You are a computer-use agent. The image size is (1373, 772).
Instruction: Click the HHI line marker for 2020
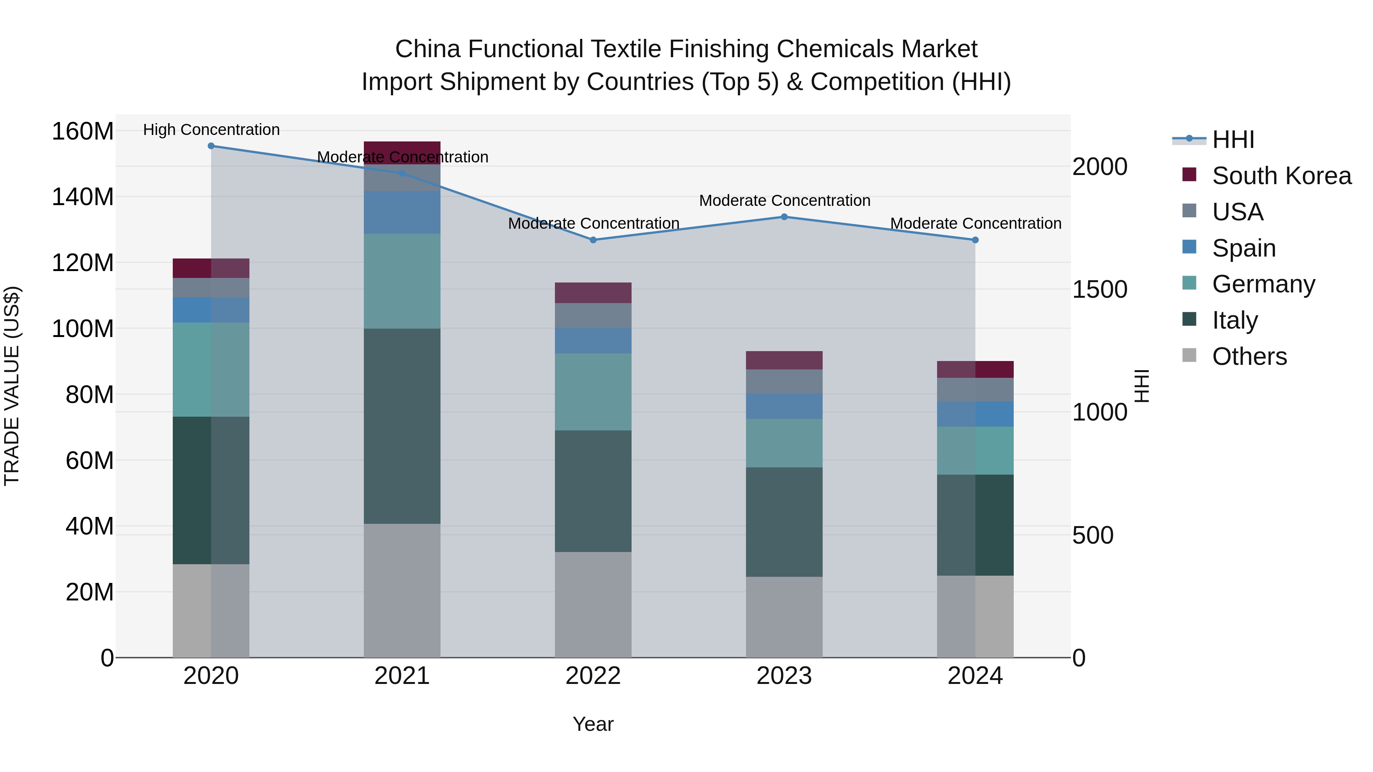click(x=211, y=146)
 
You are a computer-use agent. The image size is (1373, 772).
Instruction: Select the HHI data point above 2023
click(x=784, y=217)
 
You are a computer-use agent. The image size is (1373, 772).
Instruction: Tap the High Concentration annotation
click(x=211, y=130)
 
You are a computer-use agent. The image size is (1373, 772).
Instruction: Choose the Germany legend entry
click(x=1263, y=284)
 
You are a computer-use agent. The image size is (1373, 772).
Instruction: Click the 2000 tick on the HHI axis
click(x=1100, y=167)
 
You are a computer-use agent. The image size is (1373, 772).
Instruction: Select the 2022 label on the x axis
click(x=593, y=676)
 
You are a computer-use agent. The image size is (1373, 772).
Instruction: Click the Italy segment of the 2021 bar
click(x=402, y=426)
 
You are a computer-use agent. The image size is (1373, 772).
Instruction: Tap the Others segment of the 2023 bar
click(x=784, y=617)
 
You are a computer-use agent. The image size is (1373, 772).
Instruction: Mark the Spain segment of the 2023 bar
click(x=784, y=406)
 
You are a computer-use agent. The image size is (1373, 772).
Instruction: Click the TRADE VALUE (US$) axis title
click(x=12, y=386)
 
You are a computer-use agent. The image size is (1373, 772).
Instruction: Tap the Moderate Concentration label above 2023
click(x=784, y=201)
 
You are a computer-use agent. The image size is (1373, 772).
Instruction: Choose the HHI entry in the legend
click(x=1232, y=140)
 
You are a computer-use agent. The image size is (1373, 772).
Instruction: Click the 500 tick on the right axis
click(x=1093, y=536)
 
